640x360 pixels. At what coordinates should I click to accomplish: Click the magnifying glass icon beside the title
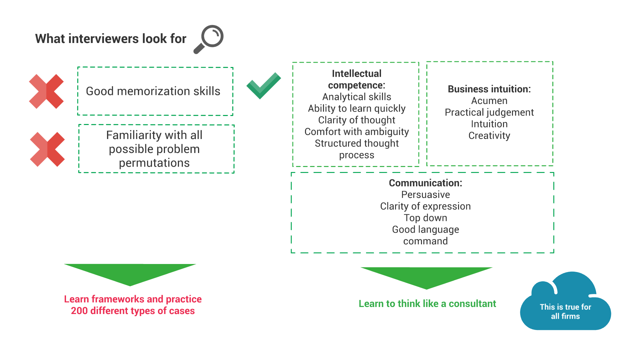(x=209, y=39)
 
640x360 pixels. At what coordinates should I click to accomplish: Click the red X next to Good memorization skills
(x=46, y=91)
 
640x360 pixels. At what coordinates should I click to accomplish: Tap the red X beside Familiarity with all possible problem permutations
(x=47, y=149)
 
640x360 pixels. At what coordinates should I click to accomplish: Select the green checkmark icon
(x=263, y=86)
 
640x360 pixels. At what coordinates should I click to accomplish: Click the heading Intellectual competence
(x=357, y=79)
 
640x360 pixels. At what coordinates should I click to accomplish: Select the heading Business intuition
(x=489, y=89)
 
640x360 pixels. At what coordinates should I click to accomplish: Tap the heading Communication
(x=425, y=183)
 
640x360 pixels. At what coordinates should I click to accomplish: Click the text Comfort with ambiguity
(x=357, y=132)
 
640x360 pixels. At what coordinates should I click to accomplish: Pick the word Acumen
(x=489, y=101)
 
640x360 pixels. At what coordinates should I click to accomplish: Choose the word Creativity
(x=489, y=136)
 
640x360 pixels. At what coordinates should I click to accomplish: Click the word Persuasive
(x=425, y=195)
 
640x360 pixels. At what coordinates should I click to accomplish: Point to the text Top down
(x=425, y=218)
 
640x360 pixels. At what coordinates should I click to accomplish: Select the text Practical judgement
(x=489, y=112)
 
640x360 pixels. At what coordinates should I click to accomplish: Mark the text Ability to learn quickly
(x=357, y=108)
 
